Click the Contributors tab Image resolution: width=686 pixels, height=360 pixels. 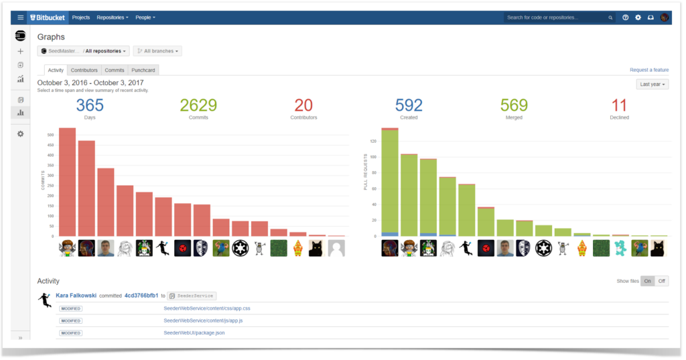pyautogui.click(x=84, y=70)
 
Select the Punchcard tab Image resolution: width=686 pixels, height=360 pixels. pyautogui.click(x=143, y=70)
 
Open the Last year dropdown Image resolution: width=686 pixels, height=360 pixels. pyautogui.click(x=652, y=84)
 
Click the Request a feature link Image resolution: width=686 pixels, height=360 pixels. pyautogui.click(x=648, y=70)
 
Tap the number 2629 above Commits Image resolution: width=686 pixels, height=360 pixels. pyautogui.click(x=198, y=105)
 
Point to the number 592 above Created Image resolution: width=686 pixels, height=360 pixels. pyautogui.click(x=409, y=105)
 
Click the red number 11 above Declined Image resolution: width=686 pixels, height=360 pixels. pyautogui.click(x=619, y=105)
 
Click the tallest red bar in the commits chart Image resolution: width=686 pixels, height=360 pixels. pyautogui.click(x=67, y=182)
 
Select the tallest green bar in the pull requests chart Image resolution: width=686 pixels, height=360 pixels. pyautogui.click(x=390, y=181)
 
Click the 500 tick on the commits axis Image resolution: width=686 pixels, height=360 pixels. pyautogui.click(x=50, y=135)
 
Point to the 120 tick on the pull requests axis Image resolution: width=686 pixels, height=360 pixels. pyautogui.click(x=373, y=141)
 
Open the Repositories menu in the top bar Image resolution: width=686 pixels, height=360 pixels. pyautogui.click(x=112, y=17)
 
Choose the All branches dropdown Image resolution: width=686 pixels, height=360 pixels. pyautogui.click(x=157, y=51)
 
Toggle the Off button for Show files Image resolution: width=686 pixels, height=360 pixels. pyautogui.click(x=661, y=281)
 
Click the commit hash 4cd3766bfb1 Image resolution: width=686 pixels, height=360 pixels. pyautogui.click(x=141, y=295)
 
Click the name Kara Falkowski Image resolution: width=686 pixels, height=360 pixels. pyautogui.click(x=76, y=295)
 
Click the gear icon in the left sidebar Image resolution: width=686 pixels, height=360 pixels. pyautogui.click(x=20, y=134)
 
